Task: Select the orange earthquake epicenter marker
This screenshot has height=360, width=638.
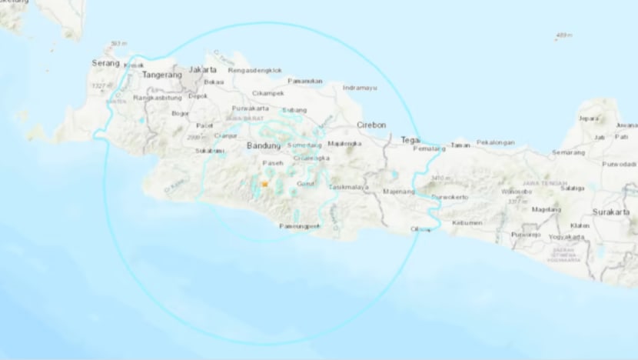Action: coord(264,185)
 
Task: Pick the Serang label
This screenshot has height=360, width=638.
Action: coord(105,62)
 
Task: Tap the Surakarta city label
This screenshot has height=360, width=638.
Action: coord(614,211)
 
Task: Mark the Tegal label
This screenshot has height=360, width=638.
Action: coord(410,139)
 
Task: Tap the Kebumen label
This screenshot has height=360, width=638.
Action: coord(467,222)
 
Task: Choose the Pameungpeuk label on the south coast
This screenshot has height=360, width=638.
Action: coord(297,227)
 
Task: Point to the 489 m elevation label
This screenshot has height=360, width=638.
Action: coord(564,35)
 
